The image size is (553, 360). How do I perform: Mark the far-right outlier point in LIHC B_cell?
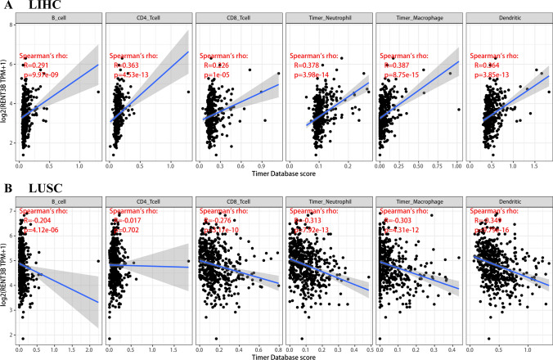(x=97, y=92)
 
